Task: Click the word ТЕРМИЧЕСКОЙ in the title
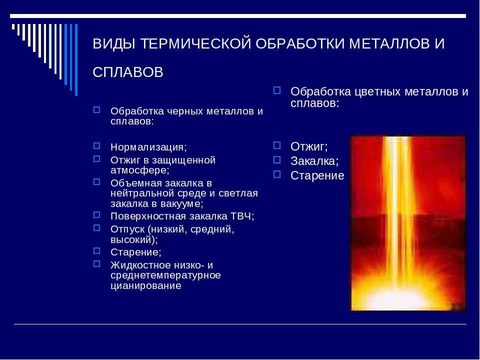click(x=195, y=43)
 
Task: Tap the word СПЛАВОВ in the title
click(x=128, y=72)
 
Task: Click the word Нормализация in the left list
click(x=148, y=147)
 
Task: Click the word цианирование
click(x=145, y=285)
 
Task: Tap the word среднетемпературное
click(x=165, y=275)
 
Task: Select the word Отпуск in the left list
click(x=127, y=229)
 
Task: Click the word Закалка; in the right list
click(x=314, y=161)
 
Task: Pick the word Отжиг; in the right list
click(x=309, y=146)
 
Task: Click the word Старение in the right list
click(x=317, y=175)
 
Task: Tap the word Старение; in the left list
click(x=135, y=252)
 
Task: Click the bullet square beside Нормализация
click(x=96, y=145)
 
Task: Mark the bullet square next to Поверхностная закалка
click(x=96, y=214)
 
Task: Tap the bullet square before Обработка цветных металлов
click(x=276, y=90)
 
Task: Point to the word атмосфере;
click(x=140, y=170)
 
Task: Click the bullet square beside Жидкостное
click(x=96, y=263)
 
